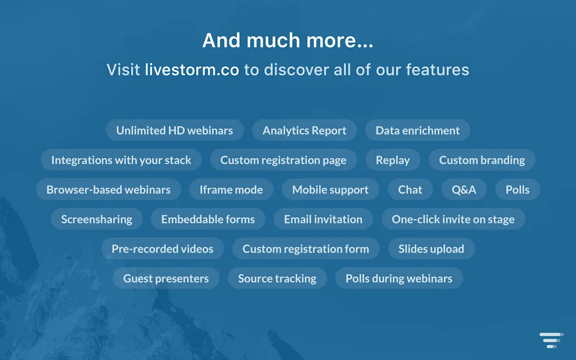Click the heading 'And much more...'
click(287, 40)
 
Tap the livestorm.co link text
click(192, 70)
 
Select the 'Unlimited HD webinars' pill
click(174, 130)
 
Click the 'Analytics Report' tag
click(304, 130)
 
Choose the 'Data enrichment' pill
click(418, 130)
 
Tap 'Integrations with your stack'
click(121, 160)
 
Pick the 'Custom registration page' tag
click(283, 160)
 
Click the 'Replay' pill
click(393, 160)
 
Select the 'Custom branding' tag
click(482, 160)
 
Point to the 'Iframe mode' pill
click(231, 190)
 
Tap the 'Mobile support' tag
click(330, 190)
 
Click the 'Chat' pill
click(410, 190)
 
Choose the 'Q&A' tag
click(464, 190)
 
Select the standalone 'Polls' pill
click(517, 190)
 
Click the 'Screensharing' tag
click(97, 219)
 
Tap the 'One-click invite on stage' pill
click(453, 219)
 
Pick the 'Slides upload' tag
click(431, 249)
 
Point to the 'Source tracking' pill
click(277, 278)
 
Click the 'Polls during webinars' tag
click(399, 278)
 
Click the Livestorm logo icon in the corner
click(551, 340)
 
